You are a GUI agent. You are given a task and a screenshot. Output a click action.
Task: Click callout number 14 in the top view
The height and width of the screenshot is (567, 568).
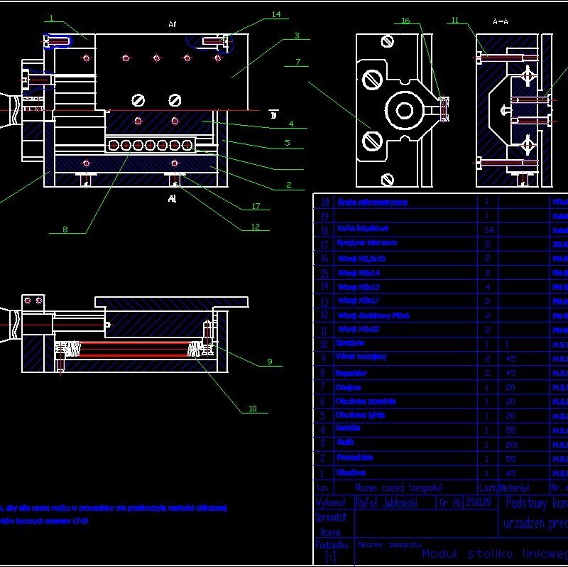tap(275, 14)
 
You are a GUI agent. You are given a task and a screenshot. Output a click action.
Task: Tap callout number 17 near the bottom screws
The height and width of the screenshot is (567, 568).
tap(256, 207)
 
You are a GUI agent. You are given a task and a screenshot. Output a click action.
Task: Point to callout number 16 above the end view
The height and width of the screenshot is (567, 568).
tap(405, 21)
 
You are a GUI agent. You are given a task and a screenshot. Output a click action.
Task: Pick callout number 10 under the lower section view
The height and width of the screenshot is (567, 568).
tap(252, 408)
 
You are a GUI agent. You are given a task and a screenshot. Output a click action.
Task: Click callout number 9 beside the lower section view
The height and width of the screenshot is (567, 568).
tap(269, 361)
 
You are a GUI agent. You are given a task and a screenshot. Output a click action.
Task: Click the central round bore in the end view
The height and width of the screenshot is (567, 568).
tap(405, 110)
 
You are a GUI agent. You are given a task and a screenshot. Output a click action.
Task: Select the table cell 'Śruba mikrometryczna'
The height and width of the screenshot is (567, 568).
tap(373, 202)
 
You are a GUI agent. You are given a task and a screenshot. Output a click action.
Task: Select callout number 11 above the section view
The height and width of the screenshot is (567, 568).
tap(455, 21)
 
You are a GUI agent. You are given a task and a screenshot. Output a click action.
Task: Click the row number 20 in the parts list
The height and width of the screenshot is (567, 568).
tap(324, 202)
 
